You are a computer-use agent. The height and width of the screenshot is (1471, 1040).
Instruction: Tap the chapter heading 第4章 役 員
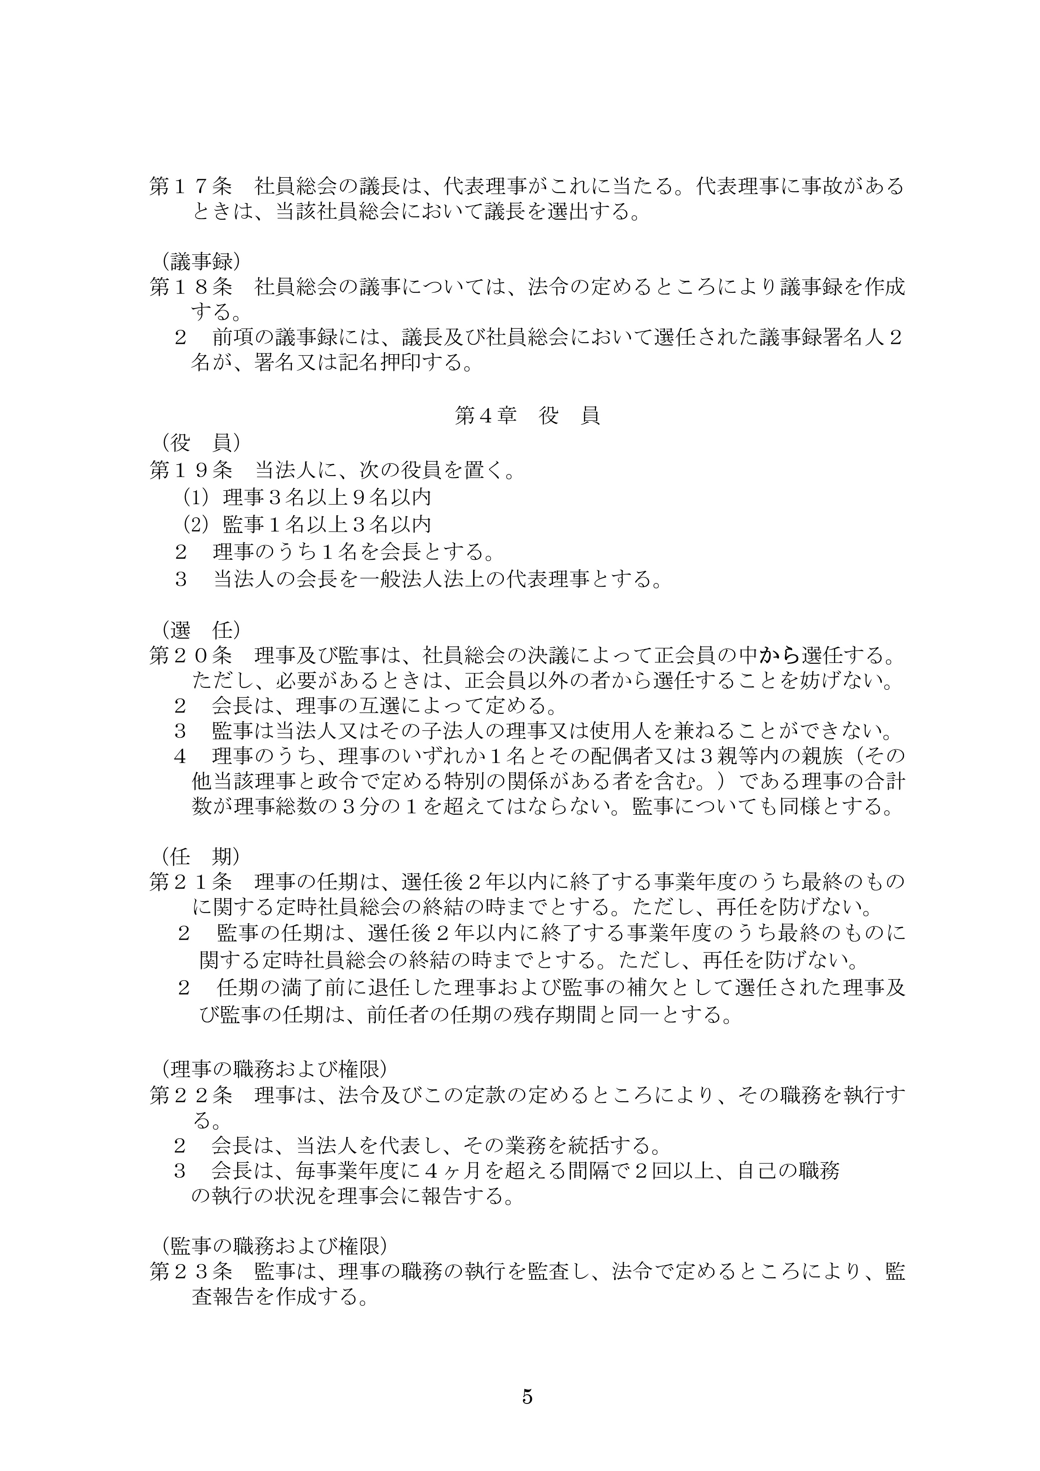tap(527, 416)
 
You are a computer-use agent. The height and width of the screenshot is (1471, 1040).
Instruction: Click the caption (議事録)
tap(201, 261)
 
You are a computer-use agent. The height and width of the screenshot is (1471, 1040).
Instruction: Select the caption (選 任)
tap(201, 630)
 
